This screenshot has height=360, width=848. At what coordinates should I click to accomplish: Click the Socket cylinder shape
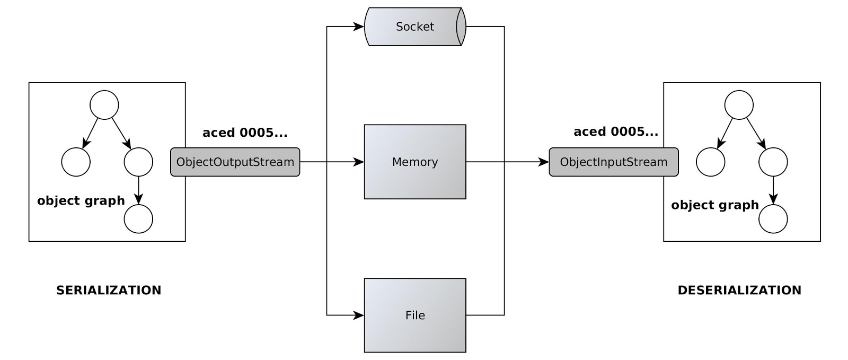tap(414, 27)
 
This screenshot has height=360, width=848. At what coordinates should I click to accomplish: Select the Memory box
tap(415, 162)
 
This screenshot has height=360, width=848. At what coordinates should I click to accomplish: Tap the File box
tap(415, 315)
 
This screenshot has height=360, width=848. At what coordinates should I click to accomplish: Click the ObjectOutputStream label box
tap(235, 162)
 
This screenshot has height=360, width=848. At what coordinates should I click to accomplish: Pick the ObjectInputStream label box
tap(613, 162)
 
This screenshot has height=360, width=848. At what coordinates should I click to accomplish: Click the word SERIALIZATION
tap(109, 290)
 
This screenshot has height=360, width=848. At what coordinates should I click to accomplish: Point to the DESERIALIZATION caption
tap(739, 290)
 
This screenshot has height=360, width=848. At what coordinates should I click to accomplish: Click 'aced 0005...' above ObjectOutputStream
tap(245, 133)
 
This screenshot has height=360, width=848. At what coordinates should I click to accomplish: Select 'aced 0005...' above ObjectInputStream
tap(616, 131)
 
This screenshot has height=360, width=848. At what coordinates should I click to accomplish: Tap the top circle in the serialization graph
tap(104, 105)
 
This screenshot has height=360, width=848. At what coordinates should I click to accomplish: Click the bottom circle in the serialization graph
tap(138, 219)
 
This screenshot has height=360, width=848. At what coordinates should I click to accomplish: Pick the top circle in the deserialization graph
tap(739, 105)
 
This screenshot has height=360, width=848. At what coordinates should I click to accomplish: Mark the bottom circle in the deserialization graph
tap(773, 219)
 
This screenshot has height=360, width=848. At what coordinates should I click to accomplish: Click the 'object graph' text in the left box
tap(81, 200)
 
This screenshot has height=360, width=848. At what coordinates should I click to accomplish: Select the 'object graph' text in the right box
tap(715, 205)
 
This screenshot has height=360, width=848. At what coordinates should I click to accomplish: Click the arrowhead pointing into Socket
tap(359, 27)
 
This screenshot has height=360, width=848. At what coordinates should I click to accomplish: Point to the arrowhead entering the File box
tap(359, 315)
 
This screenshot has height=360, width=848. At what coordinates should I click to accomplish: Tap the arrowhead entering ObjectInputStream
tap(544, 162)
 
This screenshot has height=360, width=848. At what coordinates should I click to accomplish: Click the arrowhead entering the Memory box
tap(359, 162)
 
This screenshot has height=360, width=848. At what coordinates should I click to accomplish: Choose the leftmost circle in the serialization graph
tap(76, 162)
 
